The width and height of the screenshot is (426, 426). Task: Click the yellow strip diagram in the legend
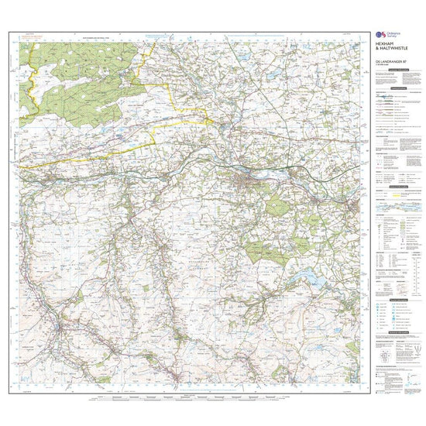(x=394, y=208)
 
